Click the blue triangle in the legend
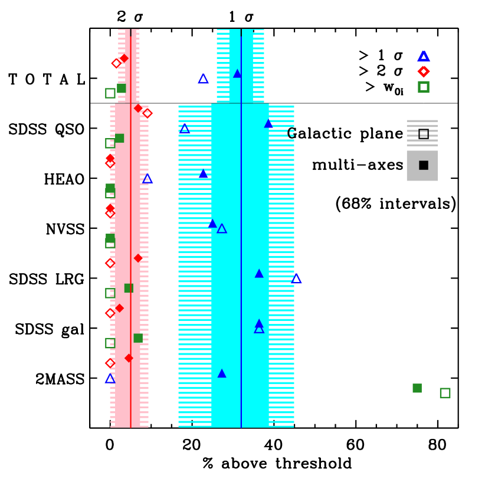click(x=424, y=57)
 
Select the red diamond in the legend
click(x=424, y=71)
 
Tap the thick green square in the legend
click(x=424, y=87)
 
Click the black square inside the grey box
click(x=424, y=165)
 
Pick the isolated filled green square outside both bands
click(x=417, y=388)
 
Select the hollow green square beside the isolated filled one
click(x=445, y=393)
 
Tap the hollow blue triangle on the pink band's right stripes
click(x=148, y=179)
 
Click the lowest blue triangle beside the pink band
click(x=110, y=379)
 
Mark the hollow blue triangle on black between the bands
click(x=203, y=78)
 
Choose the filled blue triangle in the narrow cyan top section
click(x=237, y=74)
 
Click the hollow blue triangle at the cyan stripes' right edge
click(x=296, y=279)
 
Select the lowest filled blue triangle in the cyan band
click(x=222, y=373)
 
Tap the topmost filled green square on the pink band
click(x=121, y=88)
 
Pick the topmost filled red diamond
click(x=124, y=58)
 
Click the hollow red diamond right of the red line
click(x=148, y=113)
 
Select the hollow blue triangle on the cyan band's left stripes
click(x=185, y=129)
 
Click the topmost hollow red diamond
click(x=116, y=63)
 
